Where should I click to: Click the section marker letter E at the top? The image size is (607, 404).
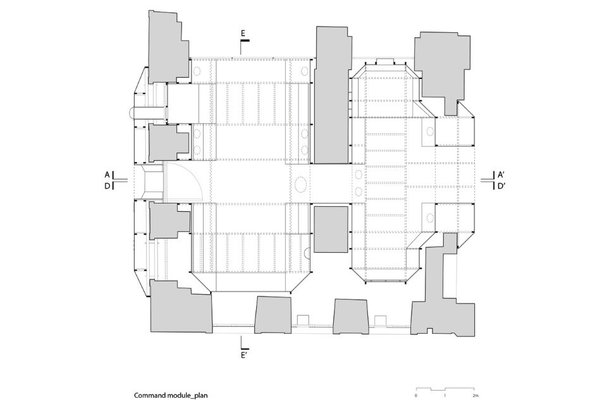(x=243, y=34)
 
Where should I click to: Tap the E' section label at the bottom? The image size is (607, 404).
(x=244, y=355)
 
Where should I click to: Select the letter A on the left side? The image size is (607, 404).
(x=107, y=174)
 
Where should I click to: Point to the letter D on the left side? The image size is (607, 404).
(x=107, y=186)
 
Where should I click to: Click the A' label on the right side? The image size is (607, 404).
(x=501, y=174)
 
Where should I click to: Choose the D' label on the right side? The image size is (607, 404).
(x=501, y=186)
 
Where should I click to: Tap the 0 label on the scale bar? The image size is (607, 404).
(x=416, y=396)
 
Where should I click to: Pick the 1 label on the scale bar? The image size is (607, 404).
(x=445, y=396)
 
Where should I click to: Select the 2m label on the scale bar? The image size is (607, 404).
(x=475, y=396)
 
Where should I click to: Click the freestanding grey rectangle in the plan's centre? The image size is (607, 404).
(x=331, y=230)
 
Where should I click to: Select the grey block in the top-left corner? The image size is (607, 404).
(x=169, y=47)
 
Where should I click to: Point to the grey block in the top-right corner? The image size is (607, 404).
(x=442, y=66)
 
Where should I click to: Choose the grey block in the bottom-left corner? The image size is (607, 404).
(x=181, y=307)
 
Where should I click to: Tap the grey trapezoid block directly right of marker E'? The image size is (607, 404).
(x=273, y=315)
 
